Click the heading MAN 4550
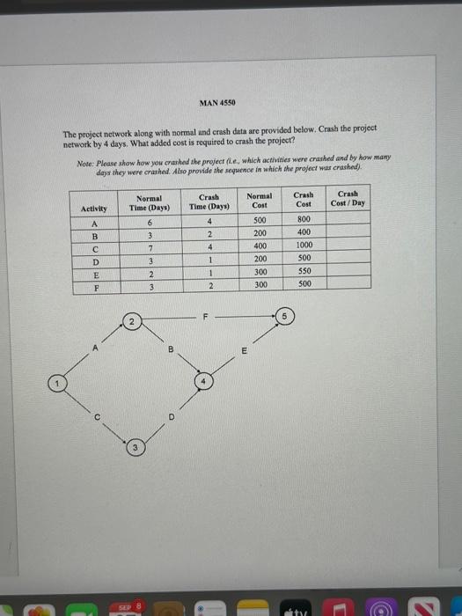click(216, 103)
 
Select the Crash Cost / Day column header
click(348, 199)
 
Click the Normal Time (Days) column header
click(151, 203)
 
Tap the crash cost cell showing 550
click(304, 273)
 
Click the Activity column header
click(94, 209)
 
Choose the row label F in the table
click(94, 286)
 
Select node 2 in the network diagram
click(131, 323)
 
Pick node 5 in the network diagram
click(284, 316)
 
